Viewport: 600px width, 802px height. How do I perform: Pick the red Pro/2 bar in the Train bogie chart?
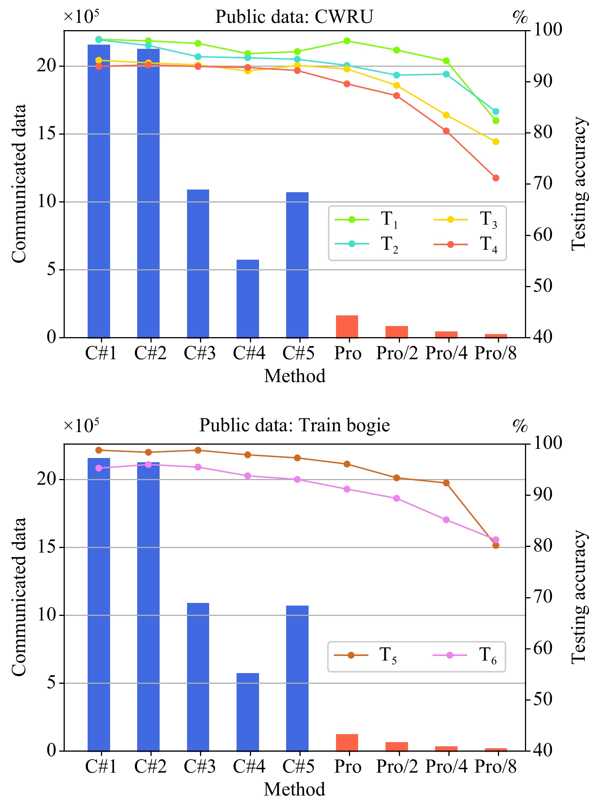tap(397, 746)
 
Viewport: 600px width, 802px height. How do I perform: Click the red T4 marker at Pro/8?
tap(496, 178)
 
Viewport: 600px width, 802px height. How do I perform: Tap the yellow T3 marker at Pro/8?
tap(496, 142)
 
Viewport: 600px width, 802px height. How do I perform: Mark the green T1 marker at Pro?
tap(347, 41)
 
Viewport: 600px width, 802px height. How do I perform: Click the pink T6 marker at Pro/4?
tap(446, 520)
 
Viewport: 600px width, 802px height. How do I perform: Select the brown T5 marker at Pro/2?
tap(397, 478)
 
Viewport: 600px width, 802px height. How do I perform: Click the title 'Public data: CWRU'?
tap(294, 17)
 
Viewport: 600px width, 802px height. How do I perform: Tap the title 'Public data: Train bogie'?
tap(294, 425)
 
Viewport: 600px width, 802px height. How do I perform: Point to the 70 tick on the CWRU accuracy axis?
tap(542, 184)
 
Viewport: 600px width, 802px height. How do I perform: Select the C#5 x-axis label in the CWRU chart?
tap(298, 354)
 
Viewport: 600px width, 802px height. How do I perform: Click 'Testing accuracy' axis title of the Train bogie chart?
tap(579, 597)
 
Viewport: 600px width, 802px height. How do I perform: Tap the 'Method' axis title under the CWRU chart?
tap(295, 376)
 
